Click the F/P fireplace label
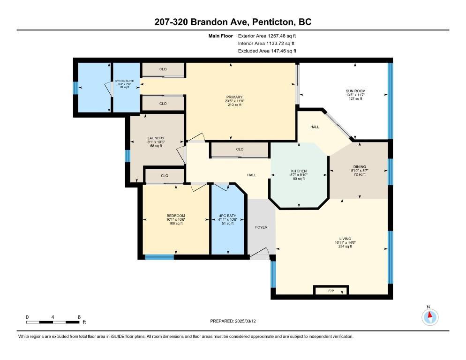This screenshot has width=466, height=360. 331,291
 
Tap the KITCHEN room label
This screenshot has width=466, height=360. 299,171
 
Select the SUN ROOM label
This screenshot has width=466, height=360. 355,91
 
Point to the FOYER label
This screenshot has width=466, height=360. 261,227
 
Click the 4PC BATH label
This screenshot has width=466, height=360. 228,216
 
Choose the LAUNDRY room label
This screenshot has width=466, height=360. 156,138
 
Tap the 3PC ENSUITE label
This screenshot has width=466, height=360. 125,81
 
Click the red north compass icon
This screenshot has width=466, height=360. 430,317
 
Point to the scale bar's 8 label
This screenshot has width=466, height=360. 79,317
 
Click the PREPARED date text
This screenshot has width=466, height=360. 233,321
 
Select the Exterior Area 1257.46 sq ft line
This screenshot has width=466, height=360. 267,36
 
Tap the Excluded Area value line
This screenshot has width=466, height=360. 267,51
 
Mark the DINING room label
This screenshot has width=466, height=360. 360,167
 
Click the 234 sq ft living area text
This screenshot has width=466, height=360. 345,247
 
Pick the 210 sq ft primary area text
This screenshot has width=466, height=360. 234,105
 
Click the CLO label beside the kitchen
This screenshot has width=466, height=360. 240,149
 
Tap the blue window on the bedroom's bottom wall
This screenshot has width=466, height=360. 159,257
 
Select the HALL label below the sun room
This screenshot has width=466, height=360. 315,127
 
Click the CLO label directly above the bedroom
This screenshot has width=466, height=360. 165,176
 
